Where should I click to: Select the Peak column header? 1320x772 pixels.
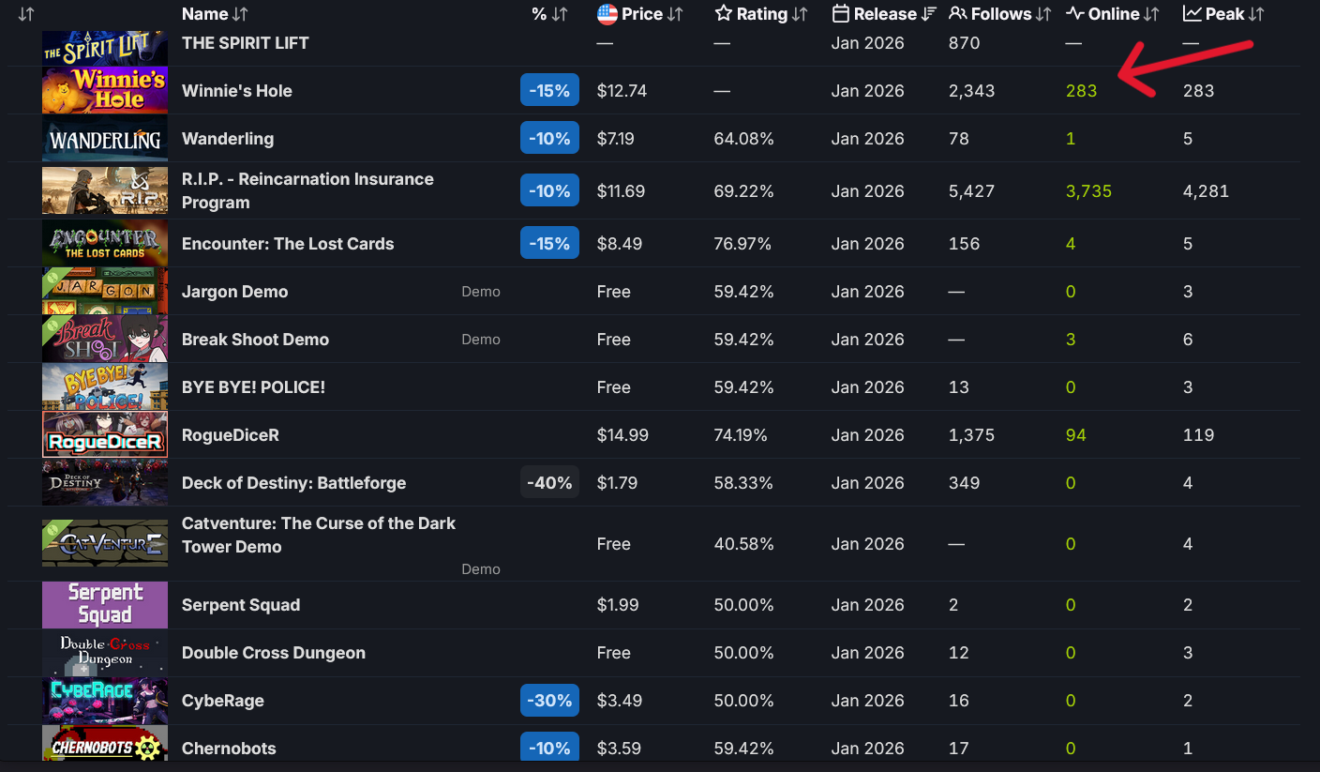[x=1223, y=14]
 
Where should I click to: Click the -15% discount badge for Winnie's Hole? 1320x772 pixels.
[x=549, y=91]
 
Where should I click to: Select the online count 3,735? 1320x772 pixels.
[x=1088, y=191]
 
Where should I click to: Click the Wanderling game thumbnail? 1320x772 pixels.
[x=105, y=139]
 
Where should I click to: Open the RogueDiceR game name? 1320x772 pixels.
[x=231, y=435]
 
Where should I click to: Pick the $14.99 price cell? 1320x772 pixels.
[x=622, y=435]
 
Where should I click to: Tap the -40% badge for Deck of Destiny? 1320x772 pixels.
[x=549, y=483]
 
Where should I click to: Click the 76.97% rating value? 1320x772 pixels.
[x=742, y=244]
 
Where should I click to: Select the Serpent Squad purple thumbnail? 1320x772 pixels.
[x=105, y=605]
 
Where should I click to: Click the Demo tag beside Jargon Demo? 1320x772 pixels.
[x=481, y=292]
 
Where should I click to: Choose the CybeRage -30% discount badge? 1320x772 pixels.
[x=549, y=701]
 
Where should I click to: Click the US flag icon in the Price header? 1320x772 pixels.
[x=607, y=14]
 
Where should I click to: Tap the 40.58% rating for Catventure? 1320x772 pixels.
[x=743, y=544]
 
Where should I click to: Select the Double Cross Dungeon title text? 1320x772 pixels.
[x=274, y=653]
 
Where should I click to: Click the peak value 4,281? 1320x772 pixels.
[x=1206, y=191]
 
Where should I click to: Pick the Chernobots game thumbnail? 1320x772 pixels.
[x=105, y=745]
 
